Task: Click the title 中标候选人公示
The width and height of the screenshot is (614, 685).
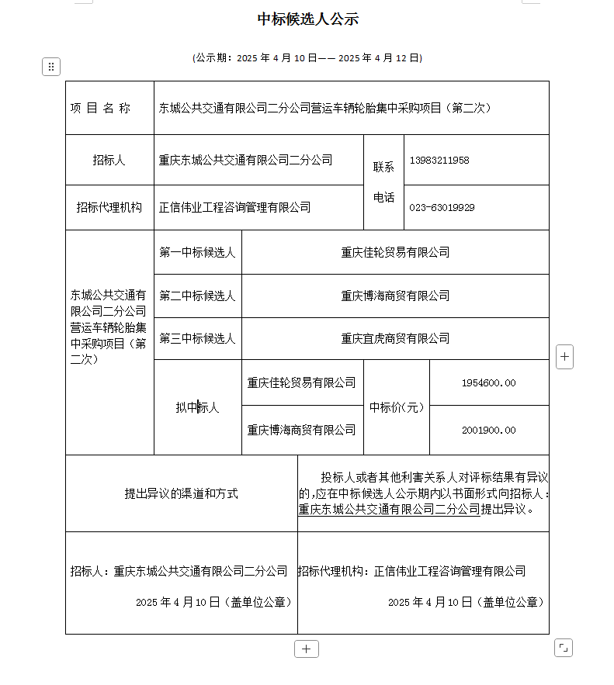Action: click(x=307, y=19)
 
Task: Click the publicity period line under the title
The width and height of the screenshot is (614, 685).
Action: click(x=307, y=58)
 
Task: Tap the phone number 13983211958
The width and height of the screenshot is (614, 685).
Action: click(x=439, y=161)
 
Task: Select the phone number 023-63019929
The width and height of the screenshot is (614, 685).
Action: click(x=442, y=207)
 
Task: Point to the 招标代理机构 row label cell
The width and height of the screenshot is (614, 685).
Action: click(x=109, y=207)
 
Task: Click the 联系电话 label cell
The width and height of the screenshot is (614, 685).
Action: click(x=383, y=182)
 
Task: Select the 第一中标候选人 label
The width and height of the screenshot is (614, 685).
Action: click(x=197, y=252)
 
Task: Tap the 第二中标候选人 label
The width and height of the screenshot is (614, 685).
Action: click(x=197, y=296)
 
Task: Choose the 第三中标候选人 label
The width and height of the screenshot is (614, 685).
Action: click(x=197, y=338)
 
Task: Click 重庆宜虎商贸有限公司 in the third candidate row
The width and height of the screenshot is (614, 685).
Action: click(x=395, y=338)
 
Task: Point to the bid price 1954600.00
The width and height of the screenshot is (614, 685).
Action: click(x=488, y=383)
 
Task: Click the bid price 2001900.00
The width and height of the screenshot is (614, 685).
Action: click(x=488, y=430)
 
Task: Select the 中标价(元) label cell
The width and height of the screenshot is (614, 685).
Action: click(x=397, y=407)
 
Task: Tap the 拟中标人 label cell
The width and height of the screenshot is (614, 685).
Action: click(x=197, y=407)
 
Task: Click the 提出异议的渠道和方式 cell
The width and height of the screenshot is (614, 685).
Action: click(x=182, y=493)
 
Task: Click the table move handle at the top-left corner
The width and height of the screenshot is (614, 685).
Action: click(x=50, y=67)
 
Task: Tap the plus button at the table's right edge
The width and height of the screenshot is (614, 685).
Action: click(x=565, y=357)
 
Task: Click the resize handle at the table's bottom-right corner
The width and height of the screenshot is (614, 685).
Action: click(x=564, y=647)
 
